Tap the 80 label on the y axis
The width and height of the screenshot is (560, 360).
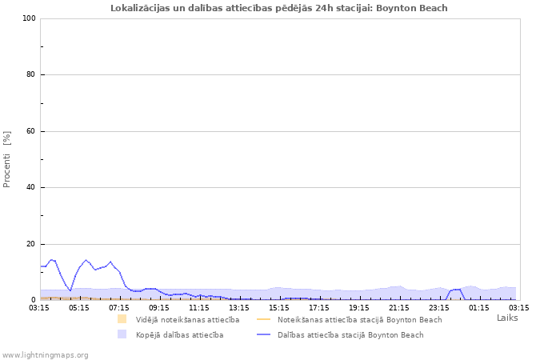pyautogui.click(x=31, y=75)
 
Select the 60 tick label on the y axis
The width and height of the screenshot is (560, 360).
pyautogui.click(x=31, y=131)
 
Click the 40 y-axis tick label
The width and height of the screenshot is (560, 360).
pyautogui.click(x=31, y=188)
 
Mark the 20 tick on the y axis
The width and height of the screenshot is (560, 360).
pyautogui.click(x=31, y=244)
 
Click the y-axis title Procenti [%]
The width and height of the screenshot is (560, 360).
pyautogui.click(x=7, y=159)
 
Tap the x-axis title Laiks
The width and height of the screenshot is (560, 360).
pyautogui.click(x=507, y=318)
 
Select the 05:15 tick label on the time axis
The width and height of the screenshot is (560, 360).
pyautogui.click(x=79, y=307)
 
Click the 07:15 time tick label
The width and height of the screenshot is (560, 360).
pyautogui.click(x=119, y=307)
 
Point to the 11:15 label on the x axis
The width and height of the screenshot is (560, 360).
pyautogui.click(x=199, y=307)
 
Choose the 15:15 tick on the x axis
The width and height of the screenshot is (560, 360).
pyautogui.click(x=279, y=307)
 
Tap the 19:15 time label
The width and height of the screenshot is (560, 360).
pyautogui.click(x=359, y=307)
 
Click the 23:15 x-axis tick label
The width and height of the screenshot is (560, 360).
pyautogui.click(x=439, y=307)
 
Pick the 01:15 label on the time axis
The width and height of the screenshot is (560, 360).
pyautogui.click(x=479, y=307)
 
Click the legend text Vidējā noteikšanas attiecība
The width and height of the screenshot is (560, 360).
pyautogui.click(x=187, y=320)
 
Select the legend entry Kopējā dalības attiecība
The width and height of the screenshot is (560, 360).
pyautogui.click(x=179, y=335)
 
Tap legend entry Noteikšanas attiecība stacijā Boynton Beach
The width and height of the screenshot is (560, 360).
pyautogui.click(x=359, y=320)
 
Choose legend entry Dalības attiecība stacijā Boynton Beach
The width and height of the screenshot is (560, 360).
pyautogui.click(x=350, y=335)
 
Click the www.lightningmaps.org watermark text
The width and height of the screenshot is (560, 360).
pyautogui.click(x=45, y=355)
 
